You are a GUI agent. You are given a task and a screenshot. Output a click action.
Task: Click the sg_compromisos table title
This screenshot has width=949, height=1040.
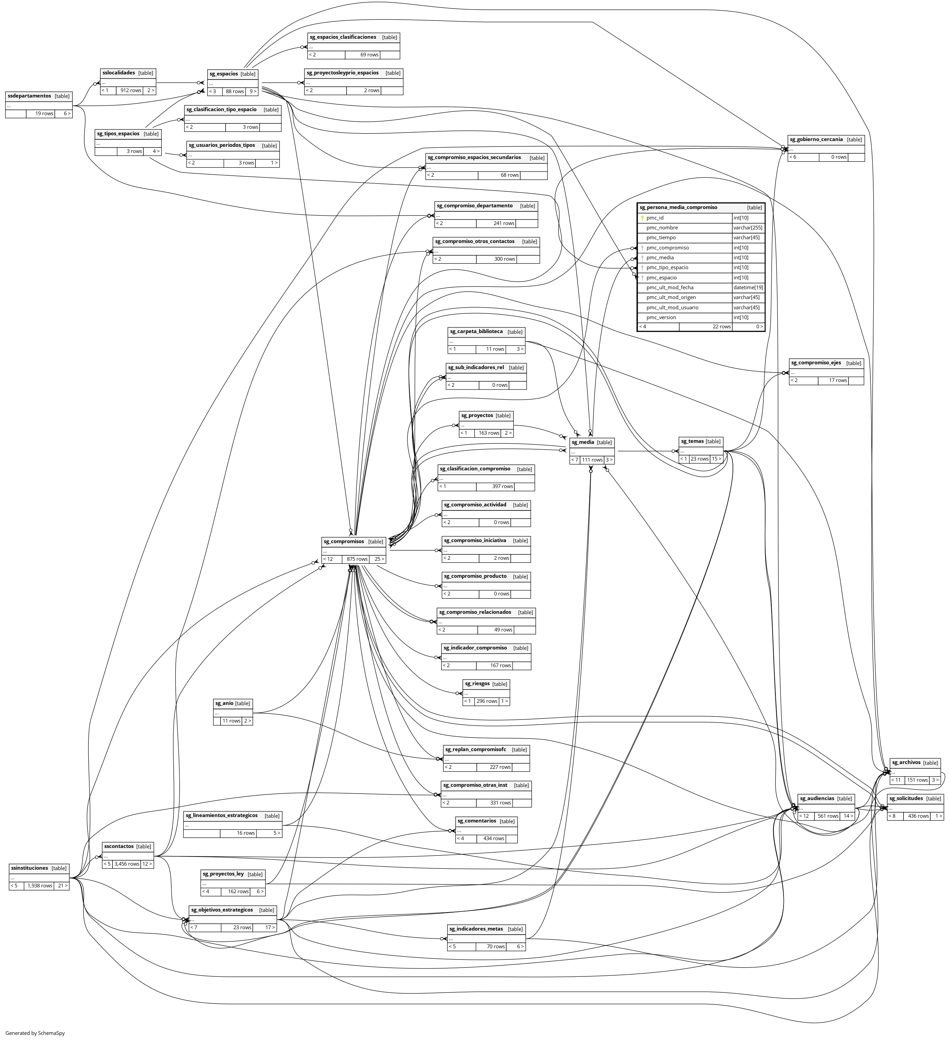(344, 542)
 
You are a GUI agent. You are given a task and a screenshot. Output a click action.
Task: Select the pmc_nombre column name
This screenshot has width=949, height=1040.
(662, 227)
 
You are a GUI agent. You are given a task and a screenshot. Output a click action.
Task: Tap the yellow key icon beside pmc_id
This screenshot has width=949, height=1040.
(642, 218)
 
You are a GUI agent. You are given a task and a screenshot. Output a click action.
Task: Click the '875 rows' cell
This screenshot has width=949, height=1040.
(357, 559)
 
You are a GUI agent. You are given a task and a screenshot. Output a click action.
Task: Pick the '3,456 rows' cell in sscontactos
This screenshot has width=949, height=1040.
(127, 864)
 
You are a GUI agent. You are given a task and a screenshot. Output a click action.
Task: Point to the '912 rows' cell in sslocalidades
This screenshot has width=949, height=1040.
(130, 90)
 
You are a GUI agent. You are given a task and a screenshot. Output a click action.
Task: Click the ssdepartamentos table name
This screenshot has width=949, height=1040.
(30, 96)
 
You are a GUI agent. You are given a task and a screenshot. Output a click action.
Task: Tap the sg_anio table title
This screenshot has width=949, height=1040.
(224, 703)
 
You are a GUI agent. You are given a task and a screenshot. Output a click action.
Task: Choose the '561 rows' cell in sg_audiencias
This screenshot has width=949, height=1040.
(829, 816)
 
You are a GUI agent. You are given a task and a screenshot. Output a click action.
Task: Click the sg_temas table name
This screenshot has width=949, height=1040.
(692, 441)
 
